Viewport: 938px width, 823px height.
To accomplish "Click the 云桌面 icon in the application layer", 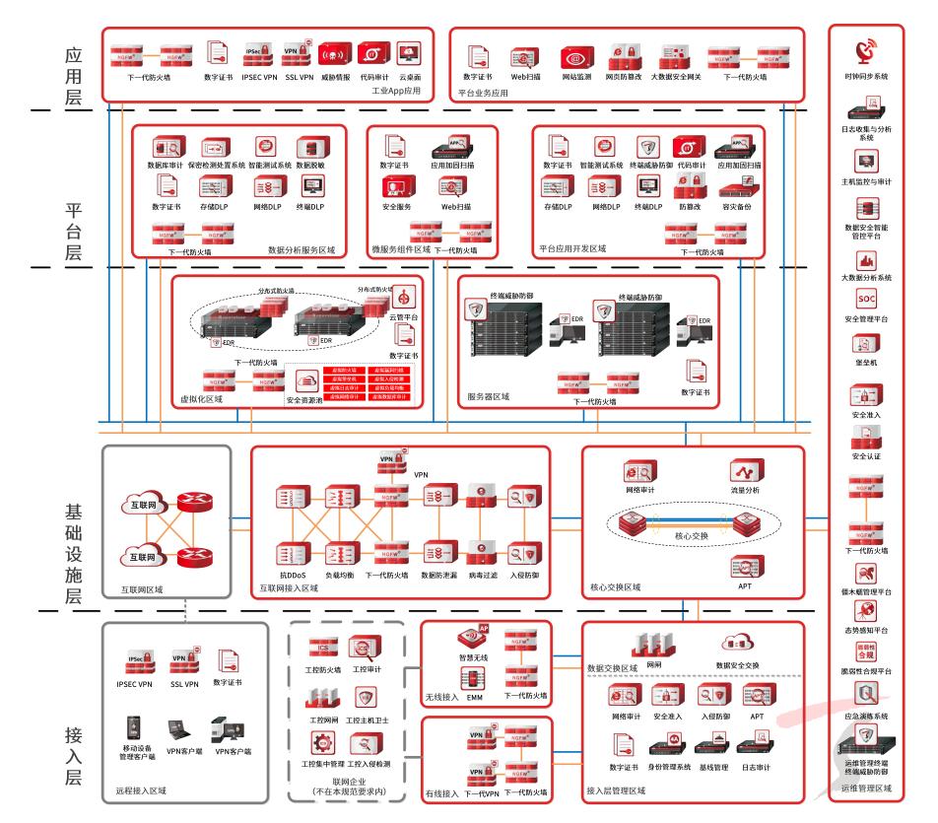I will tap(410, 52).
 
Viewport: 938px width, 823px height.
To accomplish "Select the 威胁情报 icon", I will tap(334, 52).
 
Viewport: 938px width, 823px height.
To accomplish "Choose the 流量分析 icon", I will tap(741, 469).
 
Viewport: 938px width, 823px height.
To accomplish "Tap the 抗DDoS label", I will tap(295, 573).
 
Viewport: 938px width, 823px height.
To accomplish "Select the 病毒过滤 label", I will tap(482, 573).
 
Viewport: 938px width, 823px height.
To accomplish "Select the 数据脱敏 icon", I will tap(311, 148).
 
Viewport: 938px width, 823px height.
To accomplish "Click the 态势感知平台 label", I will tap(865, 628).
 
